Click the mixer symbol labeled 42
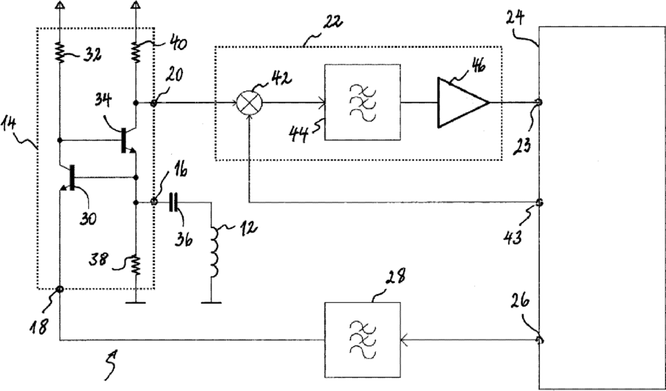click(250, 103)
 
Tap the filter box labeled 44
click(362, 102)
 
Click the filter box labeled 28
click(362, 340)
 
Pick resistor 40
click(136, 53)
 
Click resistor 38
click(136, 265)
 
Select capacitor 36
click(173, 202)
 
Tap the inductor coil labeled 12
click(214, 253)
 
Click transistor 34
click(126, 140)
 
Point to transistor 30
click(69, 178)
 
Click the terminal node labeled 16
click(154, 202)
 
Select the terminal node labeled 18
click(59, 289)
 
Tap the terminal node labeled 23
click(539, 102)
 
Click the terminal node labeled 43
click(539, 202)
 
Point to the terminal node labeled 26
click(539, 340)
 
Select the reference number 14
click(10, 125)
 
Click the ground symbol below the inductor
click(211, 302)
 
